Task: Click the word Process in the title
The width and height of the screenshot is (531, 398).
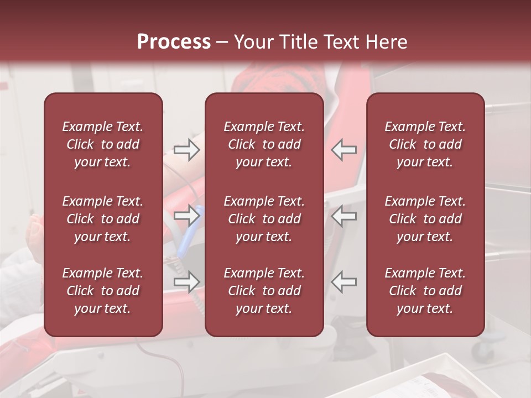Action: (x=174, y=42)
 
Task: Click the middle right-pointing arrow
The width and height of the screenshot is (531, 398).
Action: (x=186, y=215)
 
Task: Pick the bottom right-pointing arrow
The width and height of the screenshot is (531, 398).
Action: (x=186, y=281)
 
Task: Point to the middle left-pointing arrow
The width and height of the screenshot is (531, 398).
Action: (x=343, y=215)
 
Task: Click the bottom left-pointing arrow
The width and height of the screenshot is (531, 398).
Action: (x=343, y=281)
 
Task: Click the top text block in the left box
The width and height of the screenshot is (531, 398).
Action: (x=103, y=144)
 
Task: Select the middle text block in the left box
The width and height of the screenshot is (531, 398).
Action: (x=103, y=219)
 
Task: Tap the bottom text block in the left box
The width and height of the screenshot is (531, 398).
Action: (x=103, y=291)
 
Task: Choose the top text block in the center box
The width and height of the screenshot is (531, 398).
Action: (x=264, y=144)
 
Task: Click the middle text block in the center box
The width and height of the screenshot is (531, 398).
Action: (x=264, y=219)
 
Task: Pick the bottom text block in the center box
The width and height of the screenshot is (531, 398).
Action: (x=264, y=291)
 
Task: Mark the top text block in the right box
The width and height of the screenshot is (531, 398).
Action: (x=425, y=144)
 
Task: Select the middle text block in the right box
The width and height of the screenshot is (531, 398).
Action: (x=425, y=219)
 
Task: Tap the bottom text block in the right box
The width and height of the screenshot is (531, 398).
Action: (x=425, y=291)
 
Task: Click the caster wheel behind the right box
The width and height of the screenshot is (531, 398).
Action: (x=487, y=349)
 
